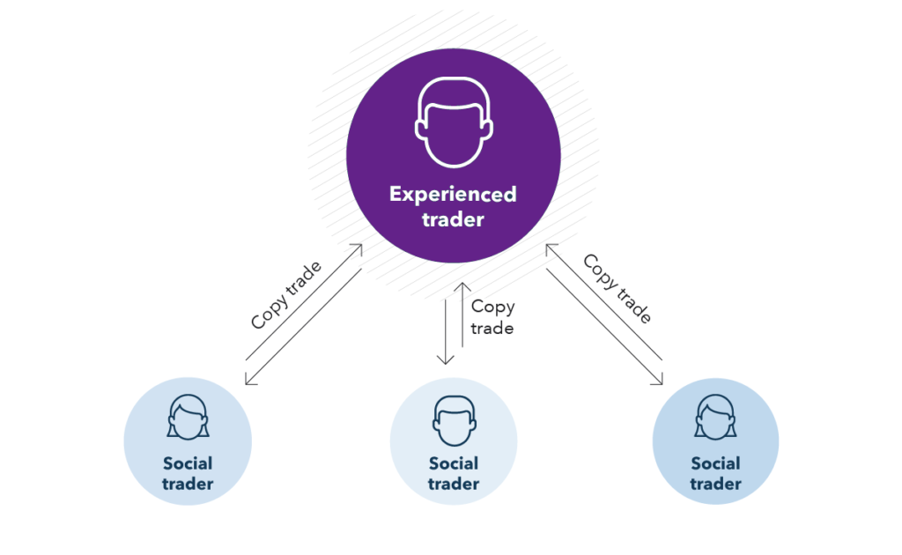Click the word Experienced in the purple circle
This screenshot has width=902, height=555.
click(453, 194)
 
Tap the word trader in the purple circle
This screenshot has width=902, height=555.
click(453, 219)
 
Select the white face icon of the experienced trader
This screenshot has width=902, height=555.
click(453, 122)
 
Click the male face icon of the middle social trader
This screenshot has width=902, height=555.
click(454, 421)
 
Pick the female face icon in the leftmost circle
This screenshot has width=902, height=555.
click(188, 417)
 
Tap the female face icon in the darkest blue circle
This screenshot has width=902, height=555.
click(715, 417)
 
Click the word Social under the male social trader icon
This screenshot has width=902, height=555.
click(454, 463)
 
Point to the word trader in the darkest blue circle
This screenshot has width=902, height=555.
click(715, 484)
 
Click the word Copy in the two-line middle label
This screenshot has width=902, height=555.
click(492, 307)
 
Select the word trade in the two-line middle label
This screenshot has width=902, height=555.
click(492, 328)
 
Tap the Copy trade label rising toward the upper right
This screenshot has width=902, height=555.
click(286, 294)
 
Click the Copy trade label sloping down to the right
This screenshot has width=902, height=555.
click(617, 289)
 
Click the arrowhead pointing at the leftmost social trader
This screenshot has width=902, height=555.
click(248, 381)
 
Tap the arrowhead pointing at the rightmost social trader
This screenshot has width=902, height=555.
click(659, 381)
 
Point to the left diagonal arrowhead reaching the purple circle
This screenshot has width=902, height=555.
click(359, 250)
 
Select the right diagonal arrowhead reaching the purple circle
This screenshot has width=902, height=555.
click(549, 249)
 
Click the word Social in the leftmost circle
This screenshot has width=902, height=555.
click(188, 463)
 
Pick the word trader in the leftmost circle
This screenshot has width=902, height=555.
click(188, 484)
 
